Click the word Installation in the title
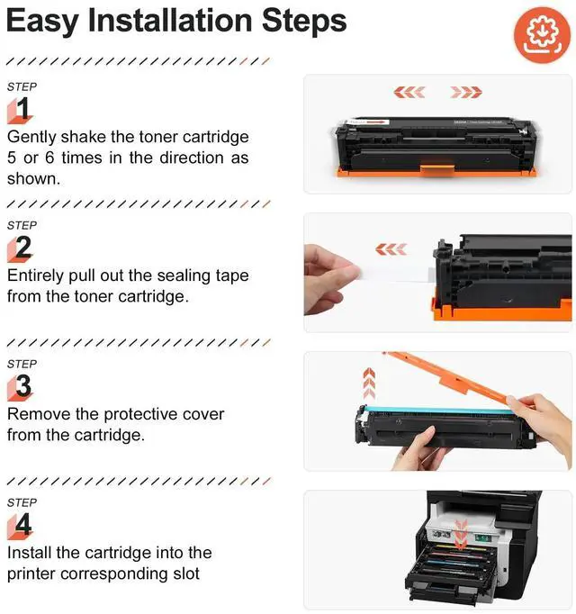(x=170, y=21)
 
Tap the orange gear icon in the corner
(x=542, y=35)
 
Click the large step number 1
(x=22, y=108)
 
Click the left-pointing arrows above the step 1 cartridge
(x=409, y=93)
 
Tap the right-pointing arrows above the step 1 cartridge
(x=466, y=93)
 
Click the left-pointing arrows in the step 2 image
(x=391, y=249)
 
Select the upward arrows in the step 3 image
(x=369, y=383)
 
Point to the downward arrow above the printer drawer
(x=462, y=535)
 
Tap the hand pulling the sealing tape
(x=328, y=279)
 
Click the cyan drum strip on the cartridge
(x=438, y=411)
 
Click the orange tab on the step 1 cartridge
(x=437, y=170)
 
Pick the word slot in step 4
(x=186, y=573)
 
